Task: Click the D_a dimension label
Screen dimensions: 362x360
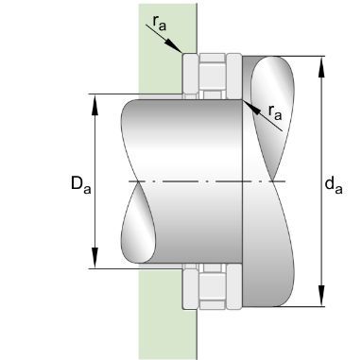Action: pos(80,184)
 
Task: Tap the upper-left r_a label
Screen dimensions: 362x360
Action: pos(160,23)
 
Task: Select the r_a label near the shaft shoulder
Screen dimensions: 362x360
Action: pos(275,112)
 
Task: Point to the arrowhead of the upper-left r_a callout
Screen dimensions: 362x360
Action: pos(175,46)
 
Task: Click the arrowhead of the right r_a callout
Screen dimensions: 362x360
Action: pos(251,107)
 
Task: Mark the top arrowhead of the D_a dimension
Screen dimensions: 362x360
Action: pos(95,105)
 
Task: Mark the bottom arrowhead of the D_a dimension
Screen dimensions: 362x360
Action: pos(95,258)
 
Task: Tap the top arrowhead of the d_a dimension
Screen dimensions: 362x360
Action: pos(321,67)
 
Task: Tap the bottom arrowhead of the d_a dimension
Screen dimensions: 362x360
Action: pos(321,296)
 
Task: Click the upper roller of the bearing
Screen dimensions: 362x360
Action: pos(213,77)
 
